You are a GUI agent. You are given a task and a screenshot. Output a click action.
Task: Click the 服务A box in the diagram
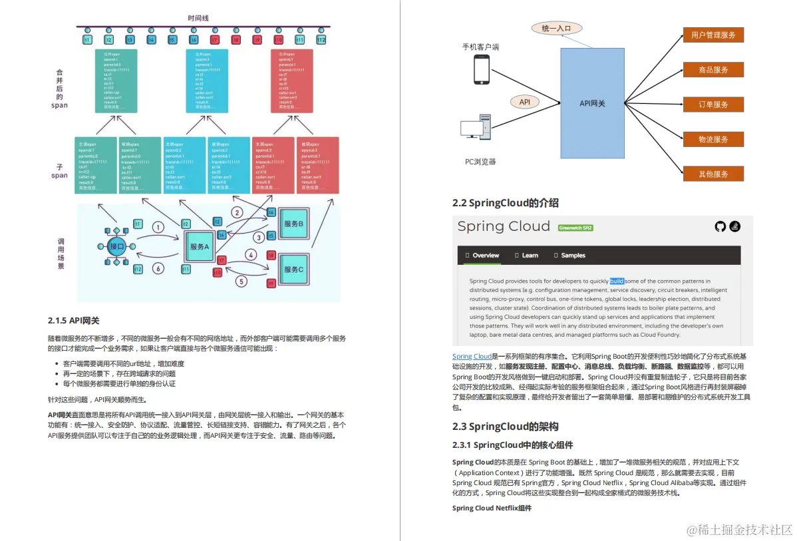click(200, 246)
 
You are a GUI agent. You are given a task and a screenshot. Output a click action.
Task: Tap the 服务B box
click(293, 224)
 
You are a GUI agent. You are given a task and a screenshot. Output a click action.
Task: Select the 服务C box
click(293, 269)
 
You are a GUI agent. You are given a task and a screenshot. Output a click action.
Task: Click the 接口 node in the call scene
click(116, 246)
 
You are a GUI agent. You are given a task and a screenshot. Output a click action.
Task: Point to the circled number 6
click(158, 269)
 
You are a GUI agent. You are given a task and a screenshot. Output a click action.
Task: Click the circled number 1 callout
click(158, 227)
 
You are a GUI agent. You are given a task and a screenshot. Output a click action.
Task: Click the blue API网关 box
click(592, 103)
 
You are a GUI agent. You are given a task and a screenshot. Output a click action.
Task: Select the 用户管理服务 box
click(713, 35)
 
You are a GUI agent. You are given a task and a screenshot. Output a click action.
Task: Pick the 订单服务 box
click(713, 104)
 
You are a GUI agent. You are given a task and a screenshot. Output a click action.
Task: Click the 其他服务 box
click(713, 174)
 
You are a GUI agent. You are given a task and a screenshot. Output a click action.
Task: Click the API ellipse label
click(524, 102)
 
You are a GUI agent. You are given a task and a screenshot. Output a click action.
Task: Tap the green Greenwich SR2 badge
click(575, 228)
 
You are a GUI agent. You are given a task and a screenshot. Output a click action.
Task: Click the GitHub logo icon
click(720, 227)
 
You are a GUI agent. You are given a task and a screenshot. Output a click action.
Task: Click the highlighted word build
click(617, 281)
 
